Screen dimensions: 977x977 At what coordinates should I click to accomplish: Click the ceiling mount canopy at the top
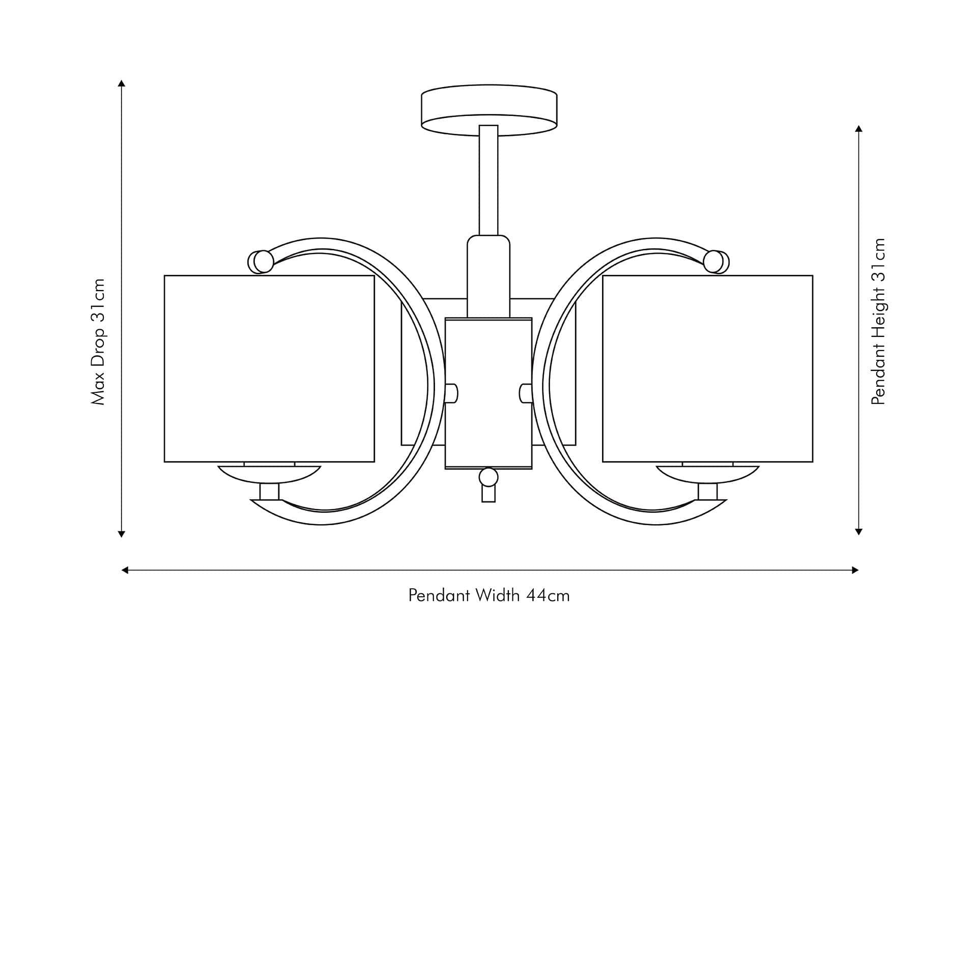pyautogui.click(x=489, y=110)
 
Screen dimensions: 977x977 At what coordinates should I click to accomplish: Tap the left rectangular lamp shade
pyautogui.click(x=269, y=368)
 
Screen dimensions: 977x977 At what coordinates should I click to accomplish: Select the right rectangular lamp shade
pyautogui.click(x=707, y=368)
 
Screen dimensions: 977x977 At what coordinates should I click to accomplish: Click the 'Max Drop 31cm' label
pyautogui.click(x=98, y=341)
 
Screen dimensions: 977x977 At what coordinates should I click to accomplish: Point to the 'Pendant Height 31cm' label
pyautogui.click(x=878, y=321)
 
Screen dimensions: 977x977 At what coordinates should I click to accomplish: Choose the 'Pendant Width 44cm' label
pyautogui.click(x=489, y=595)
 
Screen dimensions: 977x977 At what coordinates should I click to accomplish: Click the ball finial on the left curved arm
pyautogui.click(x=263, y=262)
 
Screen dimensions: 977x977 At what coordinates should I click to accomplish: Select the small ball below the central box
pyautogui.click(x=489, y=477)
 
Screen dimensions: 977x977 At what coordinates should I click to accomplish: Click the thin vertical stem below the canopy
pyautogui.click(x=489, y=180)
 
